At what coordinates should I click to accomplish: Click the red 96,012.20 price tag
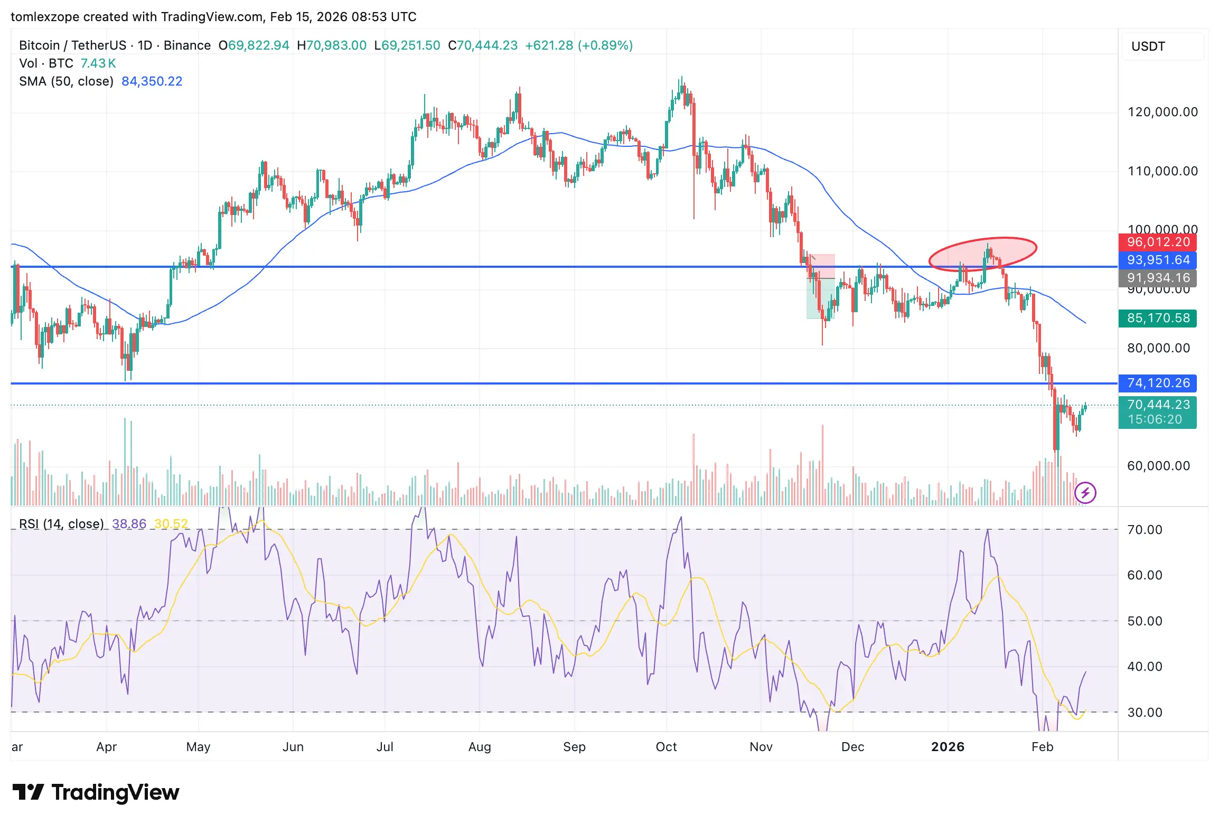tap(1158, 242)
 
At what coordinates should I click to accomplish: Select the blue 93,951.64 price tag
tap(1158, 260)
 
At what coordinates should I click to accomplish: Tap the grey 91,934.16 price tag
tap(1158, 278)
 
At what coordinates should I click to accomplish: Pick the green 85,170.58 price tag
tap(1158, 318)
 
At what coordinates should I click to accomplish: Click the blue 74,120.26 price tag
tap(1158, 383)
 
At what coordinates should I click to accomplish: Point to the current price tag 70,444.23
tap(1158, 405)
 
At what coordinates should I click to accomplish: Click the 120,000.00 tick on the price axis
tap(1162, 112)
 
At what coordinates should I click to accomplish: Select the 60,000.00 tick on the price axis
tap(1158, 466)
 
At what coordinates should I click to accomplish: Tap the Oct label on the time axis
tap(666, 747)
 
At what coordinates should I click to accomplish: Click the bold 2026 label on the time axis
tap(948, 747)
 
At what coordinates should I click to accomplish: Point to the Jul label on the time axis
tap(385, 747)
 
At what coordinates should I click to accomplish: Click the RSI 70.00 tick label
tap(1145, 530)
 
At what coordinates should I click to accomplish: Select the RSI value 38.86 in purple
tap(129, 524)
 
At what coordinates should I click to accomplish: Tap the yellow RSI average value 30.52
tap(171, 524)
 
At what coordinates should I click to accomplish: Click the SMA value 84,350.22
tap(152, 81)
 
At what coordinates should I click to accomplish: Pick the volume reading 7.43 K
tap(98, 63)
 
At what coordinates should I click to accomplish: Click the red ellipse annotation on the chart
tap(982, 254)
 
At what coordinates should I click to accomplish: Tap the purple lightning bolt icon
tap(1085, 493)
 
